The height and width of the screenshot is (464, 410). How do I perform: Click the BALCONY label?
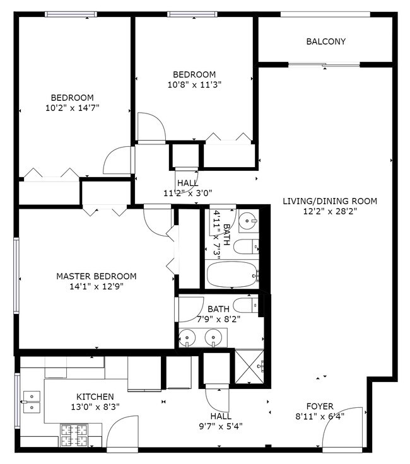pyautogui.click(x=325, y=42)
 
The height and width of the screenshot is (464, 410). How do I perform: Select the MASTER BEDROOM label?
pyautogui.click(x=96, y=276)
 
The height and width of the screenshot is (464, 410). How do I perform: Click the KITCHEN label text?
pyautogui.click(x=95, y=397)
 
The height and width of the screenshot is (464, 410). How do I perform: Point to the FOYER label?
pyautogui.click(x=320, y=406)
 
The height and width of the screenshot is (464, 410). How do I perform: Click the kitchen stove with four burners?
pyautogui.click(x=76, y=434)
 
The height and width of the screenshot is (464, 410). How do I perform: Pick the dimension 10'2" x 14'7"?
pyautogui.click(x=73, y=108)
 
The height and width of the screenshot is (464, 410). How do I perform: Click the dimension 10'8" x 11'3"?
pyautogui.click(x=194, y=84)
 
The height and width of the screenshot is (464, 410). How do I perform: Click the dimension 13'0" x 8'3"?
pyautogui.click(x=95, y=407)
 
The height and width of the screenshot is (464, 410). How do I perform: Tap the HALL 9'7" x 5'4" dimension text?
pyautogui.click(x=221, y=426)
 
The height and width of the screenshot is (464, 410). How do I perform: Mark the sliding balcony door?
pyautogui.click(x=324, y=64)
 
